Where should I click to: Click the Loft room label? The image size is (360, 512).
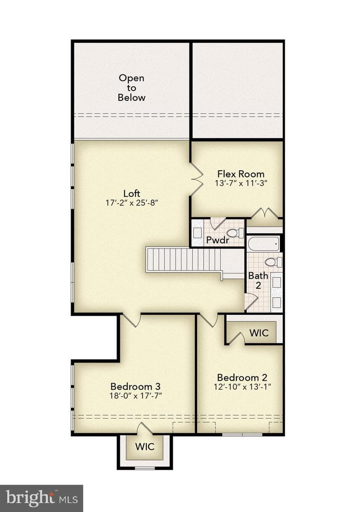coord(132,193)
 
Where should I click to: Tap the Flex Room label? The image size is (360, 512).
coord(241,174)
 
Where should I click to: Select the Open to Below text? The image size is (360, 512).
coord(132,88)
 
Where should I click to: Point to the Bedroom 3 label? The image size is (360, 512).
coord(135,386)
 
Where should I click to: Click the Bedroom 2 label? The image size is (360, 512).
coord(242,377)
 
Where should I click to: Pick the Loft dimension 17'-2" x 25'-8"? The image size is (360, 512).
coord(132,203)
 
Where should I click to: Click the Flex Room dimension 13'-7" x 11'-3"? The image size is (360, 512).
coord(241,183)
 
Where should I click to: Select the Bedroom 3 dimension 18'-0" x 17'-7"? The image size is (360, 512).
coord(136,396)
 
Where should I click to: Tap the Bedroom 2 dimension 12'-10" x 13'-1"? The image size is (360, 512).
coord(243,387)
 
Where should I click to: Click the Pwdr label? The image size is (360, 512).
coord(218,240)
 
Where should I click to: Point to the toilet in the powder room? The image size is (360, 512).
coord(235,233)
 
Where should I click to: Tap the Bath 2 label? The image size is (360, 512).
coord(258,281)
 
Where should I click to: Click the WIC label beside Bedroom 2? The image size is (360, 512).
coord(259,333)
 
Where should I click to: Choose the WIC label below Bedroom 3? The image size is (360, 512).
coord(144,447)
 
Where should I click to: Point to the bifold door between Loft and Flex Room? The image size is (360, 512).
coord(197,179)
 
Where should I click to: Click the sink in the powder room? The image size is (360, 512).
coord(197,233)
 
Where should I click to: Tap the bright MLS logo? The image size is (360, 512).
coord(42,498)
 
